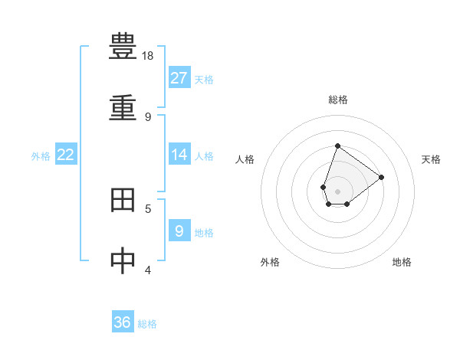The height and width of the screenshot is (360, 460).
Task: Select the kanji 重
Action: coord(123,107)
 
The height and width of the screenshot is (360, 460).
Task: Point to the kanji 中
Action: coord(123,260)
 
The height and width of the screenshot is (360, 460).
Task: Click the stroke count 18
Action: coord(148,56)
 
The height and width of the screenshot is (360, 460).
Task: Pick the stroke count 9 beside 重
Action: coord(148,116)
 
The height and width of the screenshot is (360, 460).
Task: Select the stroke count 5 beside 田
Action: coord(148,208)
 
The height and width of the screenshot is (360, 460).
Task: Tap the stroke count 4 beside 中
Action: coord(148,270)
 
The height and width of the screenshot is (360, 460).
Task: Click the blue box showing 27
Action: coord(179,78)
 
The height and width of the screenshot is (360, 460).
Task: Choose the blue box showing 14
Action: coord(179,155)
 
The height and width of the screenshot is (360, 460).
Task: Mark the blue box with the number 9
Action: coord(179,231)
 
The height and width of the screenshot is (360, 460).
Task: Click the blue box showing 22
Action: coord(66,155)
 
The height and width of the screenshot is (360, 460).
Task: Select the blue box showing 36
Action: coord(123,322)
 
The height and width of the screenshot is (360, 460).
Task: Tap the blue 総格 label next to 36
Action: coord(147,324)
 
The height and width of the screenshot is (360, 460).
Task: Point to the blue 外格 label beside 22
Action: coord(41,156)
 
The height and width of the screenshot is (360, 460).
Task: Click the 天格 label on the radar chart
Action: coord(431,159)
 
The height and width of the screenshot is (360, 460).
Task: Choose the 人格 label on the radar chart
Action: coord(245,159)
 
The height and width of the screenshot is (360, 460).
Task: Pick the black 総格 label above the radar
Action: coord(337,100)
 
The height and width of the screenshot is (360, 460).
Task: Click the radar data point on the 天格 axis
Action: coord(382,177)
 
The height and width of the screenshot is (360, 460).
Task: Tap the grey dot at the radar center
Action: coord(337,191)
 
